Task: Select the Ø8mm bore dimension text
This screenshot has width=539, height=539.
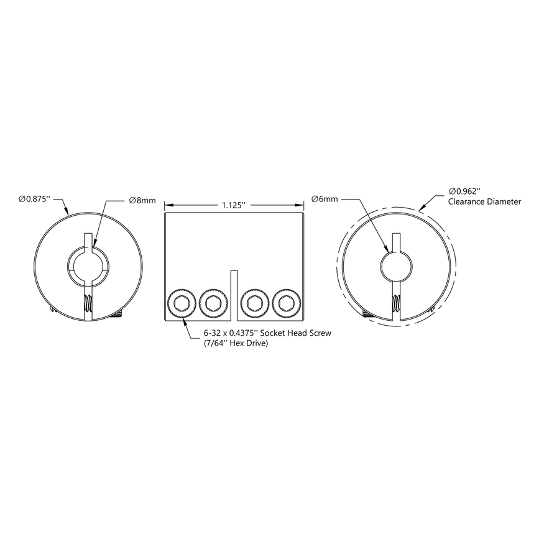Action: point(142,200)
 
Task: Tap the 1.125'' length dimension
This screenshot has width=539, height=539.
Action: point(234,204)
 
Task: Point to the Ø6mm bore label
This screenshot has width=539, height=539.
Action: point(325,199)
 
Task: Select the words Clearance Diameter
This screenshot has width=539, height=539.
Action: point(484,202)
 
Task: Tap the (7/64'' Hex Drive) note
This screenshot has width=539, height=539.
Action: point(236,343)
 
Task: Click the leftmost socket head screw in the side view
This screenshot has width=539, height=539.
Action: point(182,303)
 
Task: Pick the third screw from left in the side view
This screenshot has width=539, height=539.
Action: point(254,303)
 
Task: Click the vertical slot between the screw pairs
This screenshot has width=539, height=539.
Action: point(234,296)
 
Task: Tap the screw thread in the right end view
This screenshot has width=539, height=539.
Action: point(395,304)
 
